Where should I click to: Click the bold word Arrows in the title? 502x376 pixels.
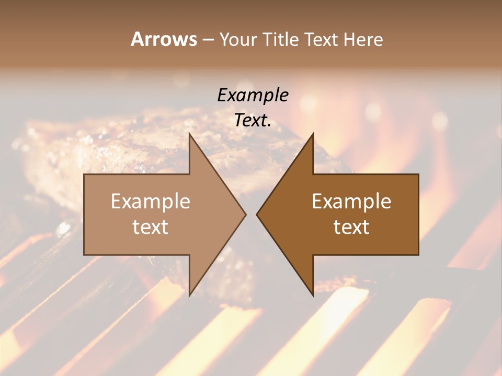tap(164, 39)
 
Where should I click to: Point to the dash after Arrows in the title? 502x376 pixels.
tap(208, 40)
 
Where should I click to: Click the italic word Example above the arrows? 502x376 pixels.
tap(253, 96)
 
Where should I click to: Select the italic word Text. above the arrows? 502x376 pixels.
tap(253, 120)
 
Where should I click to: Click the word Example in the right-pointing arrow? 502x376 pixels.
tap(151, 202)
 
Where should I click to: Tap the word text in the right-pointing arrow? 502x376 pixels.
tap(151, 227)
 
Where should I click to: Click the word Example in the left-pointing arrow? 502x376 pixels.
tap(351, 202)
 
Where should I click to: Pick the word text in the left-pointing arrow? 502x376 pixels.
tap(351, 227)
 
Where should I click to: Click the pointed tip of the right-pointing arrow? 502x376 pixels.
tap(245, 214)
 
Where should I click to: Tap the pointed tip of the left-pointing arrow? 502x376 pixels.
tap(257, 214)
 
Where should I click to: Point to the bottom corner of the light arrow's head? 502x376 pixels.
tap(189, 296)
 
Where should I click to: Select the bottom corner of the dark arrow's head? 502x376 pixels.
tap(313, 296)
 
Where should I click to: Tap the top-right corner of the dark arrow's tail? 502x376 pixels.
tap(418, 174)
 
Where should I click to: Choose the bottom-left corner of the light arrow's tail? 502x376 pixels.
tap(84, 255)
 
